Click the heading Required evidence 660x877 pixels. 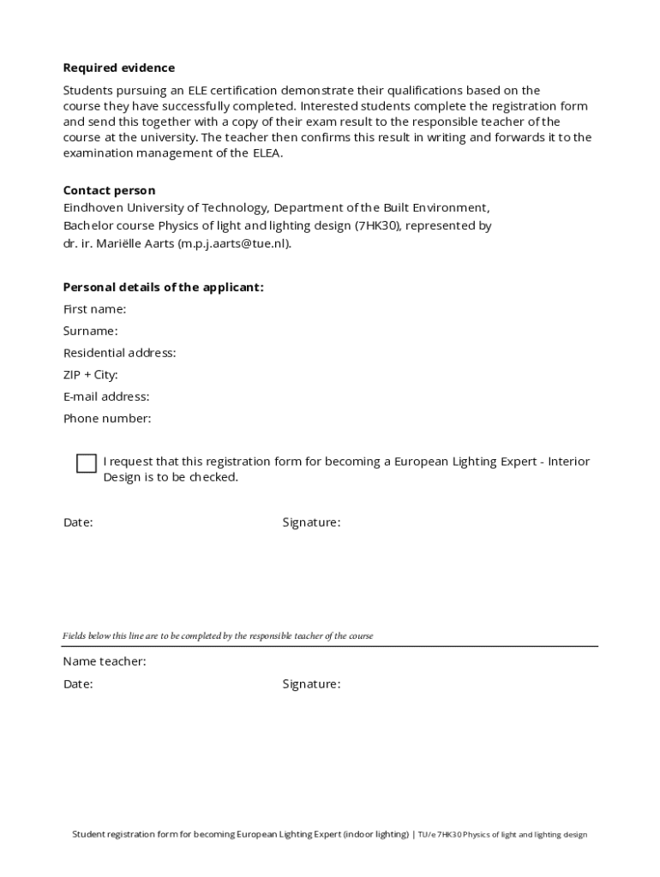click(118, 68)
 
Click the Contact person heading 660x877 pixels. click(109, 190)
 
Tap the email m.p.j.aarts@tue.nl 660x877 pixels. click(233, 243)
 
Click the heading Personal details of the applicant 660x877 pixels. click(163, 287)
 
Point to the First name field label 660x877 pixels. click(94, 309)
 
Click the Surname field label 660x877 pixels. click(90, 331)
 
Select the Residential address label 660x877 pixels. click(119, 353)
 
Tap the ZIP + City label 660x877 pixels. click(90, 375)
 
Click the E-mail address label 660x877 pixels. click(106, 397)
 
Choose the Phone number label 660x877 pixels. click(107, 419)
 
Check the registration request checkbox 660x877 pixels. click(86, 463)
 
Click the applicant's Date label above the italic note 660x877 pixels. click(78, 522)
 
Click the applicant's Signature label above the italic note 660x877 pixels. click(311, 522)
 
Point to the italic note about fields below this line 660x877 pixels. click(218, 636)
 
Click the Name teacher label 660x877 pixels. click(104, 662)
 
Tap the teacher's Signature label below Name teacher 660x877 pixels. click(311, 684)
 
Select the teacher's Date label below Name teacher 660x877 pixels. click(78, 684)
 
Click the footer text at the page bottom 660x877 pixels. click(329, 834)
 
